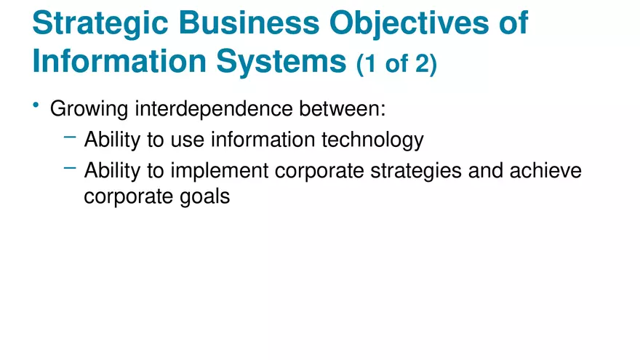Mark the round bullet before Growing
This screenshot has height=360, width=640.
tap(36, 107)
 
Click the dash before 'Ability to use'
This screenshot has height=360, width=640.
tap(70, 136)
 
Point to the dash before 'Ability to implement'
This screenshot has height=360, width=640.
tap(70, 168)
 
